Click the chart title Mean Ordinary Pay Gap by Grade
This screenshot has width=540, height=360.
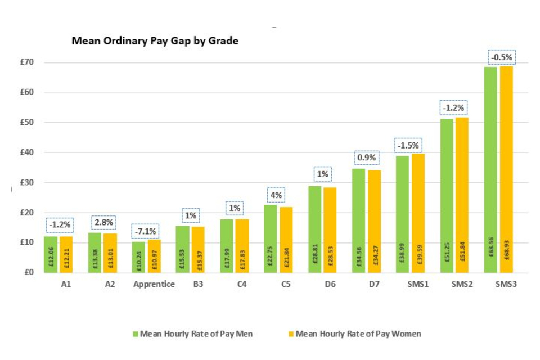click(155, 41)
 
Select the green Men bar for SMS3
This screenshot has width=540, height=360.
click(490, 169)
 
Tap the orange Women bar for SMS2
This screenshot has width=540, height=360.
click(461, 194)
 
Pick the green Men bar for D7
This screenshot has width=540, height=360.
click(359, 220)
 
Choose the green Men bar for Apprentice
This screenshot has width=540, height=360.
click(138, 256)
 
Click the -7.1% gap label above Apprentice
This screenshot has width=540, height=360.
click(146, 231)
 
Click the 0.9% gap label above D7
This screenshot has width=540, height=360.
click(366, 158)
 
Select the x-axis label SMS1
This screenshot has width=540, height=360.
click(418, 284)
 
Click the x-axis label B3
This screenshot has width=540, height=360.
click(198, 284)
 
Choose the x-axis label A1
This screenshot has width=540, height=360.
click(66, 284)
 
